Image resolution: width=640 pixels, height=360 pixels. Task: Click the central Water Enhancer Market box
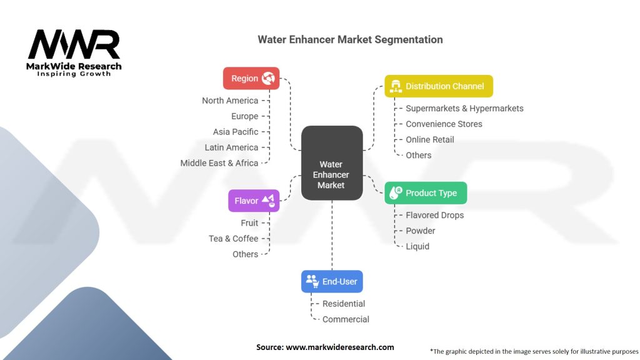coord(331,163)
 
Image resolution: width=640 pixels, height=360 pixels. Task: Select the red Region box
coord(251,78)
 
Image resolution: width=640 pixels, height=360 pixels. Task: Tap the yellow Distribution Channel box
coord(439,86)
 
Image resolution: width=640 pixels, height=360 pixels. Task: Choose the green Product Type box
coord(426,193)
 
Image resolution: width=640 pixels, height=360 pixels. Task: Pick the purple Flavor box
coord(254,201)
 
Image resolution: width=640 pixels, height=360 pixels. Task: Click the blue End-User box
coord(332,281)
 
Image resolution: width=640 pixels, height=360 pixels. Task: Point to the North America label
coord(230,101)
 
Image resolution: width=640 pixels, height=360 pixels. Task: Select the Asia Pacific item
coord(236,132)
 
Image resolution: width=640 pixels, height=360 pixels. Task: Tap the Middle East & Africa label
coord(219,163)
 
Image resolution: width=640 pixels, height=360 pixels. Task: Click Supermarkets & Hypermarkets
coord(464,108)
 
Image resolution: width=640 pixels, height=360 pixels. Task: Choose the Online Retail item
coord(430,139)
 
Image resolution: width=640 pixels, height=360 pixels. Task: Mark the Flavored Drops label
coord(435,215)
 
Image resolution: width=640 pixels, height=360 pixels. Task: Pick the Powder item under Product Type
coord(421,231)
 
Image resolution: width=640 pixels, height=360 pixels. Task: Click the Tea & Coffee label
coord(233,239)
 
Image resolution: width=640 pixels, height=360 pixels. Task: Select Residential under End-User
coord(344,304)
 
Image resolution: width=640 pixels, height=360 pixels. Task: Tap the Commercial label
coord(346,319)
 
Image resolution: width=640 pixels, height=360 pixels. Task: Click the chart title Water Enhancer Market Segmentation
coord(350,39)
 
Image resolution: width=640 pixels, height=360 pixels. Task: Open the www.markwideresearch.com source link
coord(340,347)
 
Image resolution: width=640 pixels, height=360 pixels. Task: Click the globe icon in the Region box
coord(269,78)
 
